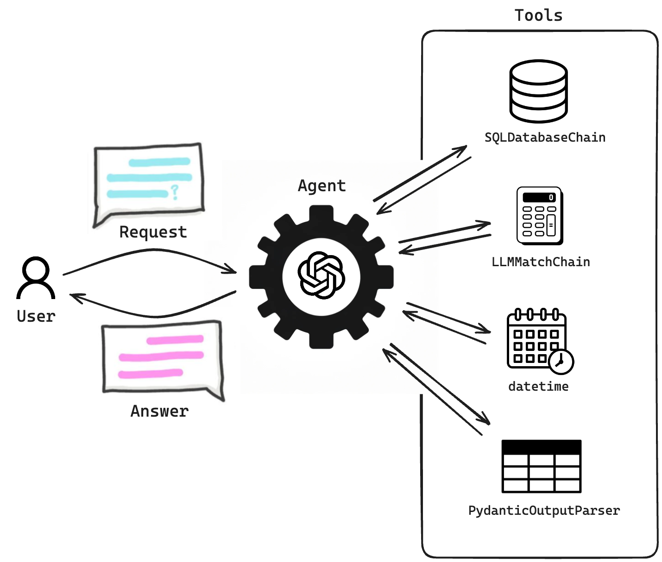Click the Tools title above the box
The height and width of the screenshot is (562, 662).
[538, 15]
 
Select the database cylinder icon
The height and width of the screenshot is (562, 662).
[538, 91]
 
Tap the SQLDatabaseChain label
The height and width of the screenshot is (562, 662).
[545, 137]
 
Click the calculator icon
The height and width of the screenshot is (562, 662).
[539, 216]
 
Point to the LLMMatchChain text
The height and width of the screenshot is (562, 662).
[541, 262]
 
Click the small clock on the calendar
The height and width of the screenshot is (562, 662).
[561, 362]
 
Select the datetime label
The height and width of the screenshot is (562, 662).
[538, 387]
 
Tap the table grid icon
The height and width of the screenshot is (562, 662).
[541, 466]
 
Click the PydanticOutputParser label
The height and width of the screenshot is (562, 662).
[544, 511]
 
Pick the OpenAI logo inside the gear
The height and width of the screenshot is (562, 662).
[321, 276]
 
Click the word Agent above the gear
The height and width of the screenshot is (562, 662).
[322, 186]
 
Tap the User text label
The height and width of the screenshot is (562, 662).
[36, 317]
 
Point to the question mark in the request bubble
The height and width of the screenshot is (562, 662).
[174, 192]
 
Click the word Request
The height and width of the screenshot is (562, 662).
[153, 232]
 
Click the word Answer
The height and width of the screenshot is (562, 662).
[159, 411]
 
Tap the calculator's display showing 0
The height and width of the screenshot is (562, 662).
[539, 198]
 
